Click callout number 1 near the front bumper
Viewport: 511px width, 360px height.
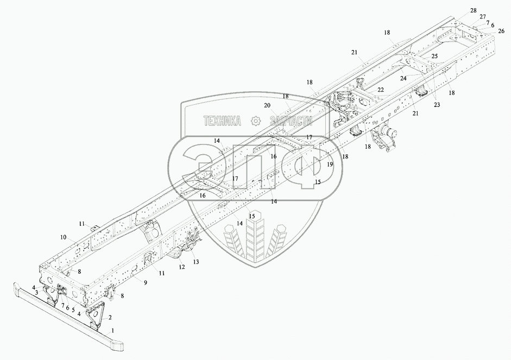click(113, 330)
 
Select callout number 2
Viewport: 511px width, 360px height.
click(110, 318)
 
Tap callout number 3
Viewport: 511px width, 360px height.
click(36, 292)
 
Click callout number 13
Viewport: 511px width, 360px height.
click(196, 262)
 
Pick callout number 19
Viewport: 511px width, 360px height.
click(330, 163)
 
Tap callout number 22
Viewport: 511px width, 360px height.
click(380, 90)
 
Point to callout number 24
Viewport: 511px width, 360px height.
click(403, 78)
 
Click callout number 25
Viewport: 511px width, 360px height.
click(434, 56)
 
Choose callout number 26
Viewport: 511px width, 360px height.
click(501, 30)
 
